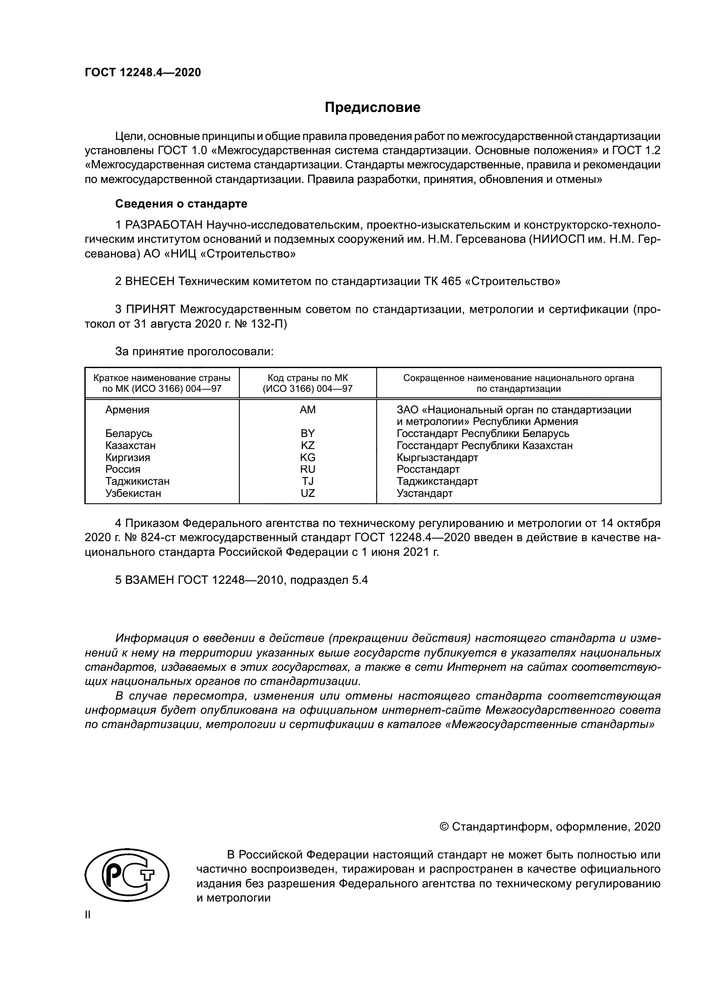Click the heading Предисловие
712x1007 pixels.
click(x=372, y=108)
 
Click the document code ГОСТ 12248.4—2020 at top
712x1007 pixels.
click(x=143, y=72)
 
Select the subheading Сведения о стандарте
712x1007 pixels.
click(x=181, y=204)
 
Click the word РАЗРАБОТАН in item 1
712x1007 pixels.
click(x=164, y=225)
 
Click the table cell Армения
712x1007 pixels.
click(x=127, y=409)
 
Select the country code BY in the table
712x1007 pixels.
click(x=307, y=434)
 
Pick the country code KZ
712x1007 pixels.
click(x=307, y=445)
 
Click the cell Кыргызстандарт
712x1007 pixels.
click(x=437, y=458)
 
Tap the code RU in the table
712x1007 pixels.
click(x=307, y=469)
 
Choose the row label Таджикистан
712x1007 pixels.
click(x=137, y=481)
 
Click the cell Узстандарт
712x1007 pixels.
click(x=424, y=493)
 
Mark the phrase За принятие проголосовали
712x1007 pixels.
click(x=194, y=351)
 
